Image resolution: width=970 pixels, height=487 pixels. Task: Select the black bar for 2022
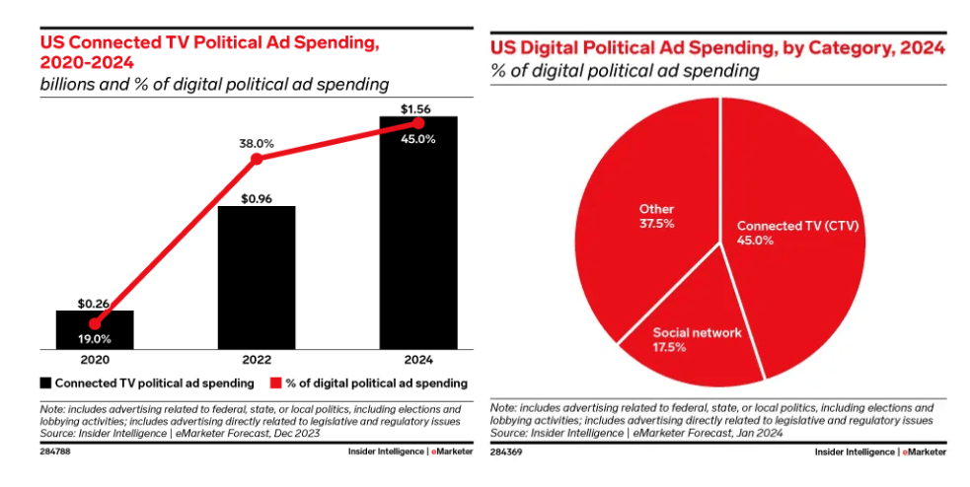pyautogui.click(x=257, y=277)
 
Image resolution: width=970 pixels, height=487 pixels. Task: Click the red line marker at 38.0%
pyautogui.click(x=257, y=159)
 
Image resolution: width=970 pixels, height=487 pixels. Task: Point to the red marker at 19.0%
pyautogui.click(x=95, y=322)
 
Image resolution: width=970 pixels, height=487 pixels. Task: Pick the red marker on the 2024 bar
pyautogui.click(x=418, y=123)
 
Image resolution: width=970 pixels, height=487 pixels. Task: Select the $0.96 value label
pyautogui.click(x=257, y=196)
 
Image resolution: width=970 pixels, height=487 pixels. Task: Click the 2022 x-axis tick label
pyautogui.click(x=257, y=360)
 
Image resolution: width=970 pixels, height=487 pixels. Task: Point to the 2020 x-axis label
pyautogui.click(x=95, y=360)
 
